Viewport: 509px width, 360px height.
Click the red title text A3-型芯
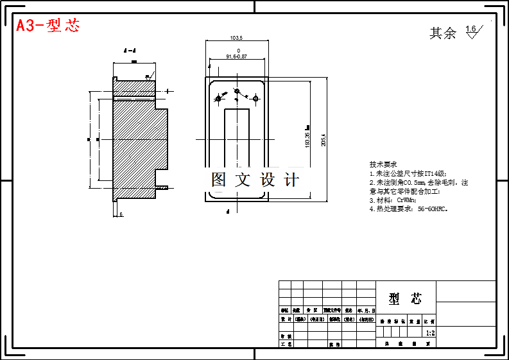tap(48, 26)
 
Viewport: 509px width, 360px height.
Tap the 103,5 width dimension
tap(236, 38)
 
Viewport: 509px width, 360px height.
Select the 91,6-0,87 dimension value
tap(237, 56)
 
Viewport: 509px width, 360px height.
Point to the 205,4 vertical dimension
tap(324, 139)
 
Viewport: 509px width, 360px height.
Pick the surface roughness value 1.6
tap(471, 29)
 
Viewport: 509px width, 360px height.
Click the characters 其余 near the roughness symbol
tap(443, 33)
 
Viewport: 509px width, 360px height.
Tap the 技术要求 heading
tap(383, 164)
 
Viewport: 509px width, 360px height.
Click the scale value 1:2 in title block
tap(430, 333)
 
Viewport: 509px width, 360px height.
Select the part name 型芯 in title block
tap(406, 298)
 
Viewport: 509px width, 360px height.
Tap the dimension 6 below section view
tap(121, 214)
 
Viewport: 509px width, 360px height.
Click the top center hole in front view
tap(236, 91)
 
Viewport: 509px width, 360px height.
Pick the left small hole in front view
tap(218, 99)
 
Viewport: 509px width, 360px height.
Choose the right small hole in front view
tap(255, 98)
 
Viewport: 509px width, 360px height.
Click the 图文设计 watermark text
tap(255, 180)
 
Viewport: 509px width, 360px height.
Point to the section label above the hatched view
tap(129, 50)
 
